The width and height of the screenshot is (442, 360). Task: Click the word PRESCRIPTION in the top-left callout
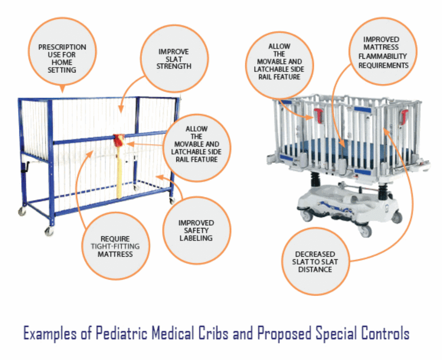click(x=62, y=47)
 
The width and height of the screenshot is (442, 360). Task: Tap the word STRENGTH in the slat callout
click(x=174, y=66)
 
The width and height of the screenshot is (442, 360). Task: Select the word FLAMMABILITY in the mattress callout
click(x=382, y=57)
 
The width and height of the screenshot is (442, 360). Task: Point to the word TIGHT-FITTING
click(x=115, y=246)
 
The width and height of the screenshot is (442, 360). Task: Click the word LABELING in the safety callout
click(x=196, y=238)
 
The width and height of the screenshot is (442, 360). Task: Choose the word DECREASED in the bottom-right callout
click(x=315, y=254)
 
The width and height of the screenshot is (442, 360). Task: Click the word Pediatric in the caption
click(x=122, y=333)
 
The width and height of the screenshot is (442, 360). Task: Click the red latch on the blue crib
click(x=119, y=140)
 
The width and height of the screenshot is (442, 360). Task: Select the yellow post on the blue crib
click(x=119, y=172)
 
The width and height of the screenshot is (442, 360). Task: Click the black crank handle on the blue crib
click(x=25, y=168)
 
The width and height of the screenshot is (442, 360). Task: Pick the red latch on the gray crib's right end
click(x=404, y=117)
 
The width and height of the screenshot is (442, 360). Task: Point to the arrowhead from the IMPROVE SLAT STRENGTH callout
click(x=121, y=109)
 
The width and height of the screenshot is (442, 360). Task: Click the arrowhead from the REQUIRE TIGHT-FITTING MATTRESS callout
click(x=90, y=154)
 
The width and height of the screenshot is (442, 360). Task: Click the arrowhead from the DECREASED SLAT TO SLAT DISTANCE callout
click(x=386, y=131)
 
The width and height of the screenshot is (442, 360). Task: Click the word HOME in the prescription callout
click(x=62, y=62)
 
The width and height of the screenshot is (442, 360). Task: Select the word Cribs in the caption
click(x=213, y=333)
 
